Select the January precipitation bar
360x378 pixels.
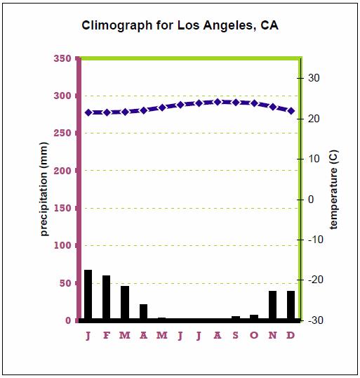click(x=88, y=295)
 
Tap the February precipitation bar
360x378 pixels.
click(x=107, y=298)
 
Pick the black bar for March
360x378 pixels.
click(x=125, y=303)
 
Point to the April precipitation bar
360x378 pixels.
click(x=143, y=312)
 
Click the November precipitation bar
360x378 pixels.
click(x=272, y=305)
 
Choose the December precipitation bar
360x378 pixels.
click(x=291, y=305)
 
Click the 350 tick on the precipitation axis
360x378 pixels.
click(x=62, y=58)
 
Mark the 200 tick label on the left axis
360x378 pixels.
click(x=62, y=171)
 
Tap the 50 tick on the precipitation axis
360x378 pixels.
click(x=65, y=283)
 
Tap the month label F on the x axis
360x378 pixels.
click(x=107, y=335)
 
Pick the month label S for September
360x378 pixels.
click(x=235, y=335)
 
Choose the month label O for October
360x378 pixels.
click(x=253, y=335)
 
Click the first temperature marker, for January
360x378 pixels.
click(x=88, y=112)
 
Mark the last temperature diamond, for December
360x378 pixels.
click(x=291, y=111)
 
